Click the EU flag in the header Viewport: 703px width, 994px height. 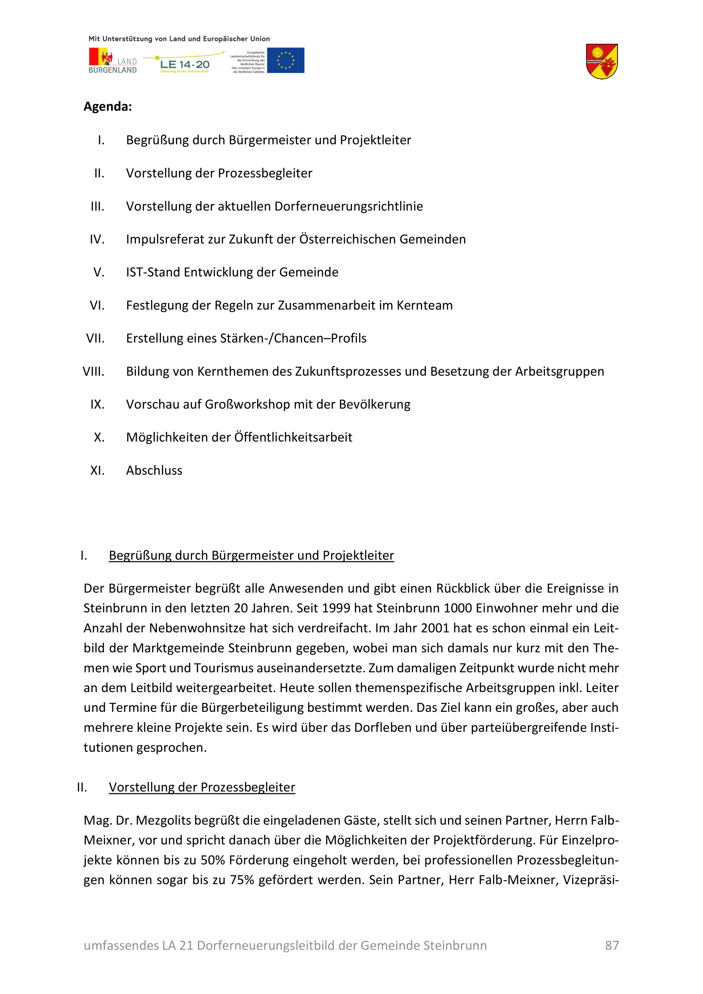click(x=285, y=60)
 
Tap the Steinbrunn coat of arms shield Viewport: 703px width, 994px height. click(x=601, y=61)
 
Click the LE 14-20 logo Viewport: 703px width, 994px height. click(x=184, y=64)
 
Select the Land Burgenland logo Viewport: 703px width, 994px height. click(x=113, y=61)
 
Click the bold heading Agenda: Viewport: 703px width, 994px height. click(x=108, y=107)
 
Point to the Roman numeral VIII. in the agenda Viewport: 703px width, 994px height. click(x=94, y=371)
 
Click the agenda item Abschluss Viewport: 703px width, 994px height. click(x=154, y=470)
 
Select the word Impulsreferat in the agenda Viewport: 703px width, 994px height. click(x=163, y=239)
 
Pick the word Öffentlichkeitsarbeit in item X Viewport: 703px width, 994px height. click(x=293, y=437)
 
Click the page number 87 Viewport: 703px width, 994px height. click(x=612, y=945)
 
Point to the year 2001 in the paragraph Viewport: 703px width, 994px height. click(x=435, y=628)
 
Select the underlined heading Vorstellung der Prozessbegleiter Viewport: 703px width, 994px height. click(x=202, y=787)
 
